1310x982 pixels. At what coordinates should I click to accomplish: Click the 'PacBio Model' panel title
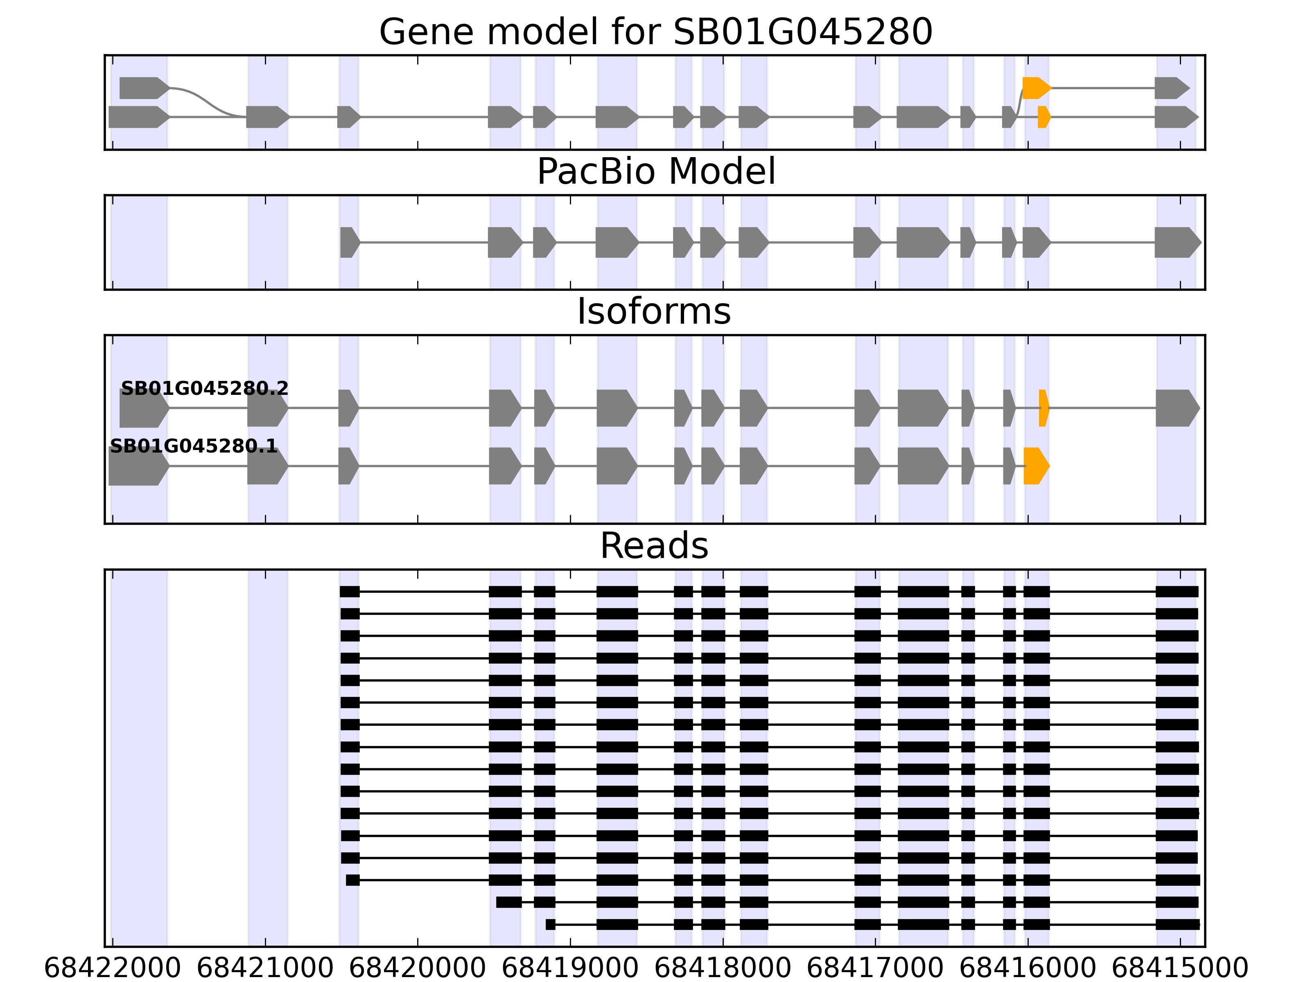pyautogui.click(x=655, y=172)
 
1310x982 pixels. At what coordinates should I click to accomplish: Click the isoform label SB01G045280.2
pyautogui.click(x=204, y=388)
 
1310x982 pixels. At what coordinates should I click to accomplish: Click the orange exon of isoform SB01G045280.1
pyautogui.click(x=1036, y=466)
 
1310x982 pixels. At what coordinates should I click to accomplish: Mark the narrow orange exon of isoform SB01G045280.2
pyautogui.click(x=1043, y=408)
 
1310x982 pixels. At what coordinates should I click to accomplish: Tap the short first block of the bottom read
pyautogui.click(x=550, y=925)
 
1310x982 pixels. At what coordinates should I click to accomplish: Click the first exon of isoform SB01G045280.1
pyautogui.click(x=138, y=466)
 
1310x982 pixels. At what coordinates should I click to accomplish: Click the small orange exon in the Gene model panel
pyautogui.click(x=1043, y=117)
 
